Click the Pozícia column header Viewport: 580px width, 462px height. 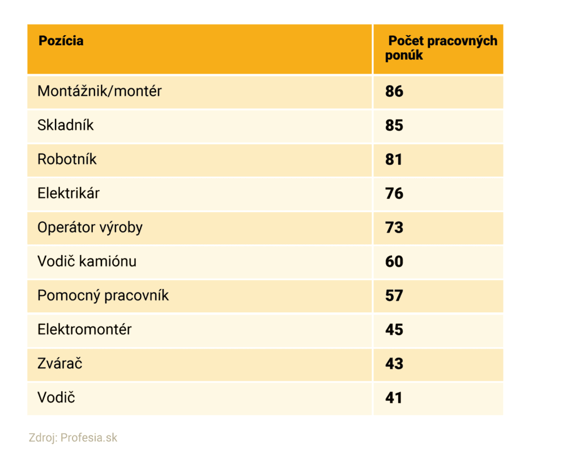61,41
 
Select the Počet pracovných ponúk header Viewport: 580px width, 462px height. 442,48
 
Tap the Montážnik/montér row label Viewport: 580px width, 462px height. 100,91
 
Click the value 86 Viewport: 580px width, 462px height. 394,91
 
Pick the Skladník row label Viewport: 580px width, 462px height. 66,125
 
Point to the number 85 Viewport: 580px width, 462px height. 394,125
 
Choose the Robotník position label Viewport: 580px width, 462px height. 67,159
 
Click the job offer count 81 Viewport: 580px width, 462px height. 394,159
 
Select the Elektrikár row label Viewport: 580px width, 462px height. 69,193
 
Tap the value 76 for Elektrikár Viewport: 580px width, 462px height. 394,193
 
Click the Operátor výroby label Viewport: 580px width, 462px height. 90,228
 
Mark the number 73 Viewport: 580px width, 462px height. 394,227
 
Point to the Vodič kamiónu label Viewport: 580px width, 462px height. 87,261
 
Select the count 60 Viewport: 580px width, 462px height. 394,261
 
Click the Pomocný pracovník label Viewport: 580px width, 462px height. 103,295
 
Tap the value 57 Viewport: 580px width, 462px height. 394,295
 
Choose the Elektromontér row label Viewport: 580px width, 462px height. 84,329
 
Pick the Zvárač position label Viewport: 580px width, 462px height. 60,363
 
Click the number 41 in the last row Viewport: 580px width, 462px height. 394,397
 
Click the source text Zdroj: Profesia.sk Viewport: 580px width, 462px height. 73,438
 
